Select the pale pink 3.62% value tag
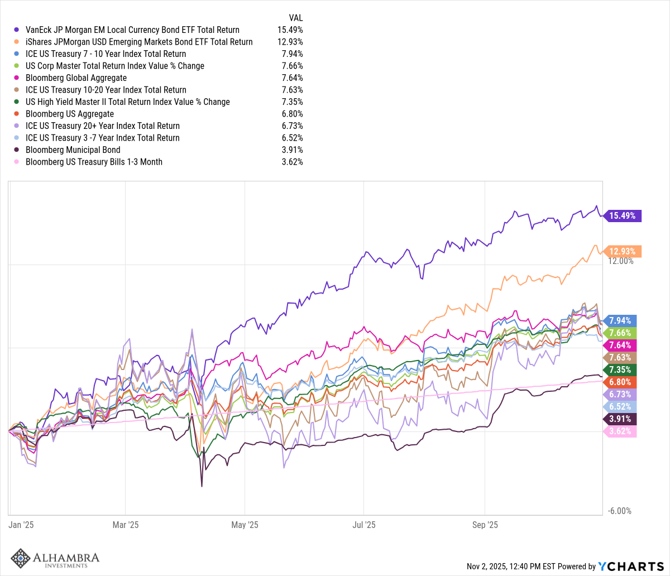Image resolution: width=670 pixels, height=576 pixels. (x=621, y=431)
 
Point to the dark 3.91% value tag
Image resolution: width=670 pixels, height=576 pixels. (x=621, y=419)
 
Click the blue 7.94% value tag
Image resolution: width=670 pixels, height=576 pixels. (x=621, y=320)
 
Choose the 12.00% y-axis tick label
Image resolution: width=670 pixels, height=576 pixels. (x=620, y=261)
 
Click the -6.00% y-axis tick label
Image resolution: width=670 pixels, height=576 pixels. (x=620, y=511)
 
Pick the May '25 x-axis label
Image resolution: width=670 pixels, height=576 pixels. (x=245, y=525)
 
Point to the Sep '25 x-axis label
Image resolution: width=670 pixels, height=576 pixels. (x=485, y=525)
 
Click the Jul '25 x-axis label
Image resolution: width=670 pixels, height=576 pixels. (x=363, y=525)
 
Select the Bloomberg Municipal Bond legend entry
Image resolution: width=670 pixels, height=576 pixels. (x=73, y=150)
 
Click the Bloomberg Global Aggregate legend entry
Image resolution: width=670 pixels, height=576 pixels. (x=76, y=78)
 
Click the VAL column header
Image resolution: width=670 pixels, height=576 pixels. (x=296, y=17)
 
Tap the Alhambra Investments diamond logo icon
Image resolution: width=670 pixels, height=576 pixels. (x=21, y=559)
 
